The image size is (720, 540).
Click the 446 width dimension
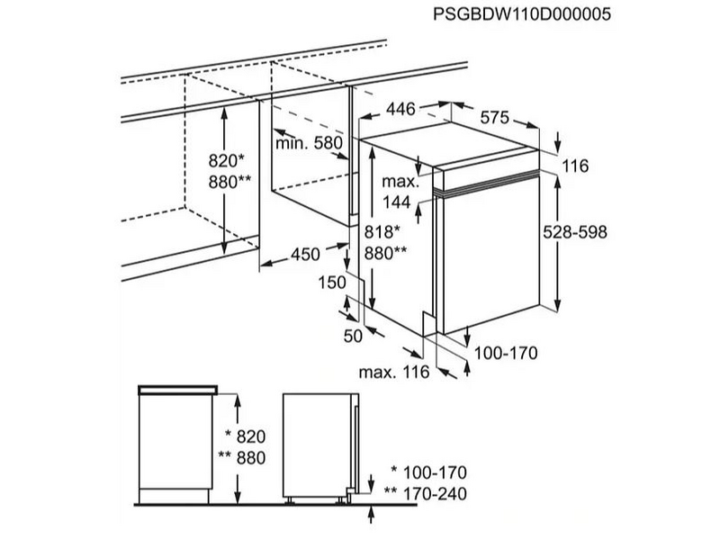401,109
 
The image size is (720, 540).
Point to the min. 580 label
310,142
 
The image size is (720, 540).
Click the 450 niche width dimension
305,255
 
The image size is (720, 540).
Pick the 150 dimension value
332,283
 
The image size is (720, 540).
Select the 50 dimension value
352,336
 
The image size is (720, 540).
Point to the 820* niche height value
226,161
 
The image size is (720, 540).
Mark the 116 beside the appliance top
572,166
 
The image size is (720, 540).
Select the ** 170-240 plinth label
425,493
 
